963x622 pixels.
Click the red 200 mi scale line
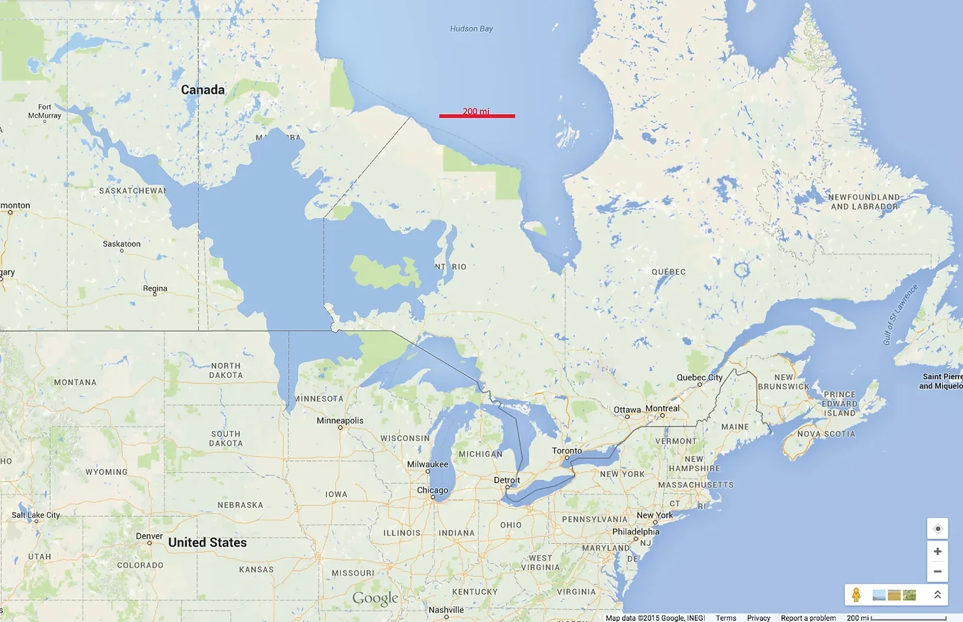click(x=477, y=116)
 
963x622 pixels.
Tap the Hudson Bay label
click(x=471, y=29)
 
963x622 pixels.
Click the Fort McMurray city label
click(x=44, y=111)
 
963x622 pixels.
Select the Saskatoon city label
click(x=122, y=244)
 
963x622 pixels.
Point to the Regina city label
click(x=155, y=288)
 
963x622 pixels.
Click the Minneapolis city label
click(x=340, y=420)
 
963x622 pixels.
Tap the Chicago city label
click(x=433, y=490)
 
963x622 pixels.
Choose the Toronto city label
click(x=567, y=450)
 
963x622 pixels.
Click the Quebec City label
click(x=699, y=377)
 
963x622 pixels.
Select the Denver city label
click(x=149, y=536)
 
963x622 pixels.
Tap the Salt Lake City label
click(x=36, y=515)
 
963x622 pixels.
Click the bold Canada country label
click(x=202, y=90)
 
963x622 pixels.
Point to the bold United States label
click(x=208, y=543)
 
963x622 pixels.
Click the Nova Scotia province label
click(x=826, y=434)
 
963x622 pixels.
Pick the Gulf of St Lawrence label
click(x=900, y=314)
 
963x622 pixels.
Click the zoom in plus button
click(x=937, y=551)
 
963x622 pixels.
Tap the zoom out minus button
click(x=937, y=571)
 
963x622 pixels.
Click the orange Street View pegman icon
click(x=856, y=595)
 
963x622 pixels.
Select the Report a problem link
click(x=808, y=618)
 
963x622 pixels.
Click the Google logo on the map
click(x=375, y=598)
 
